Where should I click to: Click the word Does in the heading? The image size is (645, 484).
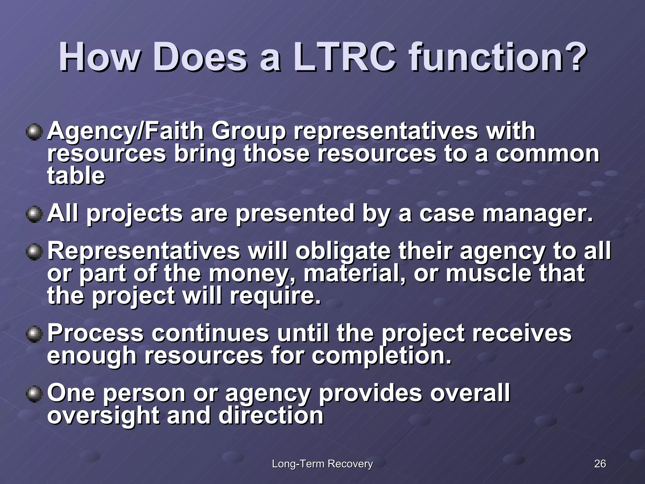(200, 57)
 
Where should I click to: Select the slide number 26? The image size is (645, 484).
(600, 464)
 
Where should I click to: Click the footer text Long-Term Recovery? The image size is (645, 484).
(322, 464)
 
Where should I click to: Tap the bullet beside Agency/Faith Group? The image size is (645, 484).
(34, 132)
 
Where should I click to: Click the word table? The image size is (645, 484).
(76, 176)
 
